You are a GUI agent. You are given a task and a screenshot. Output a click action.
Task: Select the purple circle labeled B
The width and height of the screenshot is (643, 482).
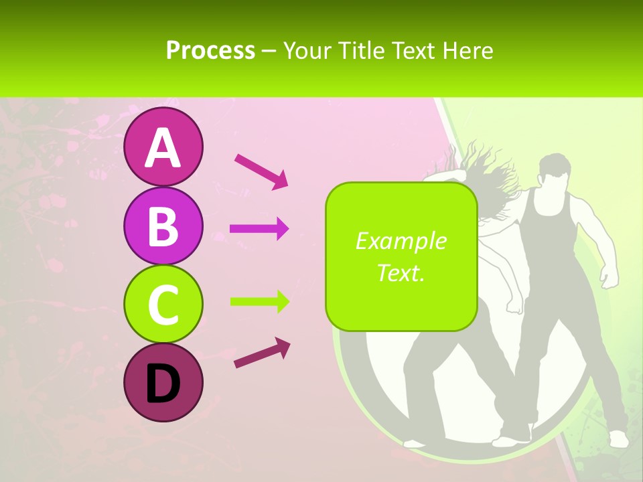(x=163, y=226)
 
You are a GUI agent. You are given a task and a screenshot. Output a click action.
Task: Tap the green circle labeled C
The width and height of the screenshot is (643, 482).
(x=163, y=305)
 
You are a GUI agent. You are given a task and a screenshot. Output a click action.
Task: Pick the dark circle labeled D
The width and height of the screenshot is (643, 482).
(x=163, y=383)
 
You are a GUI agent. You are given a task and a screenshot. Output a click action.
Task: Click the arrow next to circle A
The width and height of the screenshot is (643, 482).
(x=261, y=170)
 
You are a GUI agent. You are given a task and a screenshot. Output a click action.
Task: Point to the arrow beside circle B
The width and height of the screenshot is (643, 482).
(x=259, y=229)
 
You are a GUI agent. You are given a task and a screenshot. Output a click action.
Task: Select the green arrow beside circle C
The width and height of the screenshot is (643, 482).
(x=259, y=301)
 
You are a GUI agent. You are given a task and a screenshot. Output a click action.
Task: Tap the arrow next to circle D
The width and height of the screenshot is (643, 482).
(x=262, y=353)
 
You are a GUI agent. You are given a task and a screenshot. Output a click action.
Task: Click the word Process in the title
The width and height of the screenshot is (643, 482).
(x=210, y=50)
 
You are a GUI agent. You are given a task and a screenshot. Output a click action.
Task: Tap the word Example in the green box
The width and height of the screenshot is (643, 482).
(x=401, y=241)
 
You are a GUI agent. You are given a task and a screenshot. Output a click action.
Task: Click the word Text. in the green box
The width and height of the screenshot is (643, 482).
(x=401, y=272)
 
